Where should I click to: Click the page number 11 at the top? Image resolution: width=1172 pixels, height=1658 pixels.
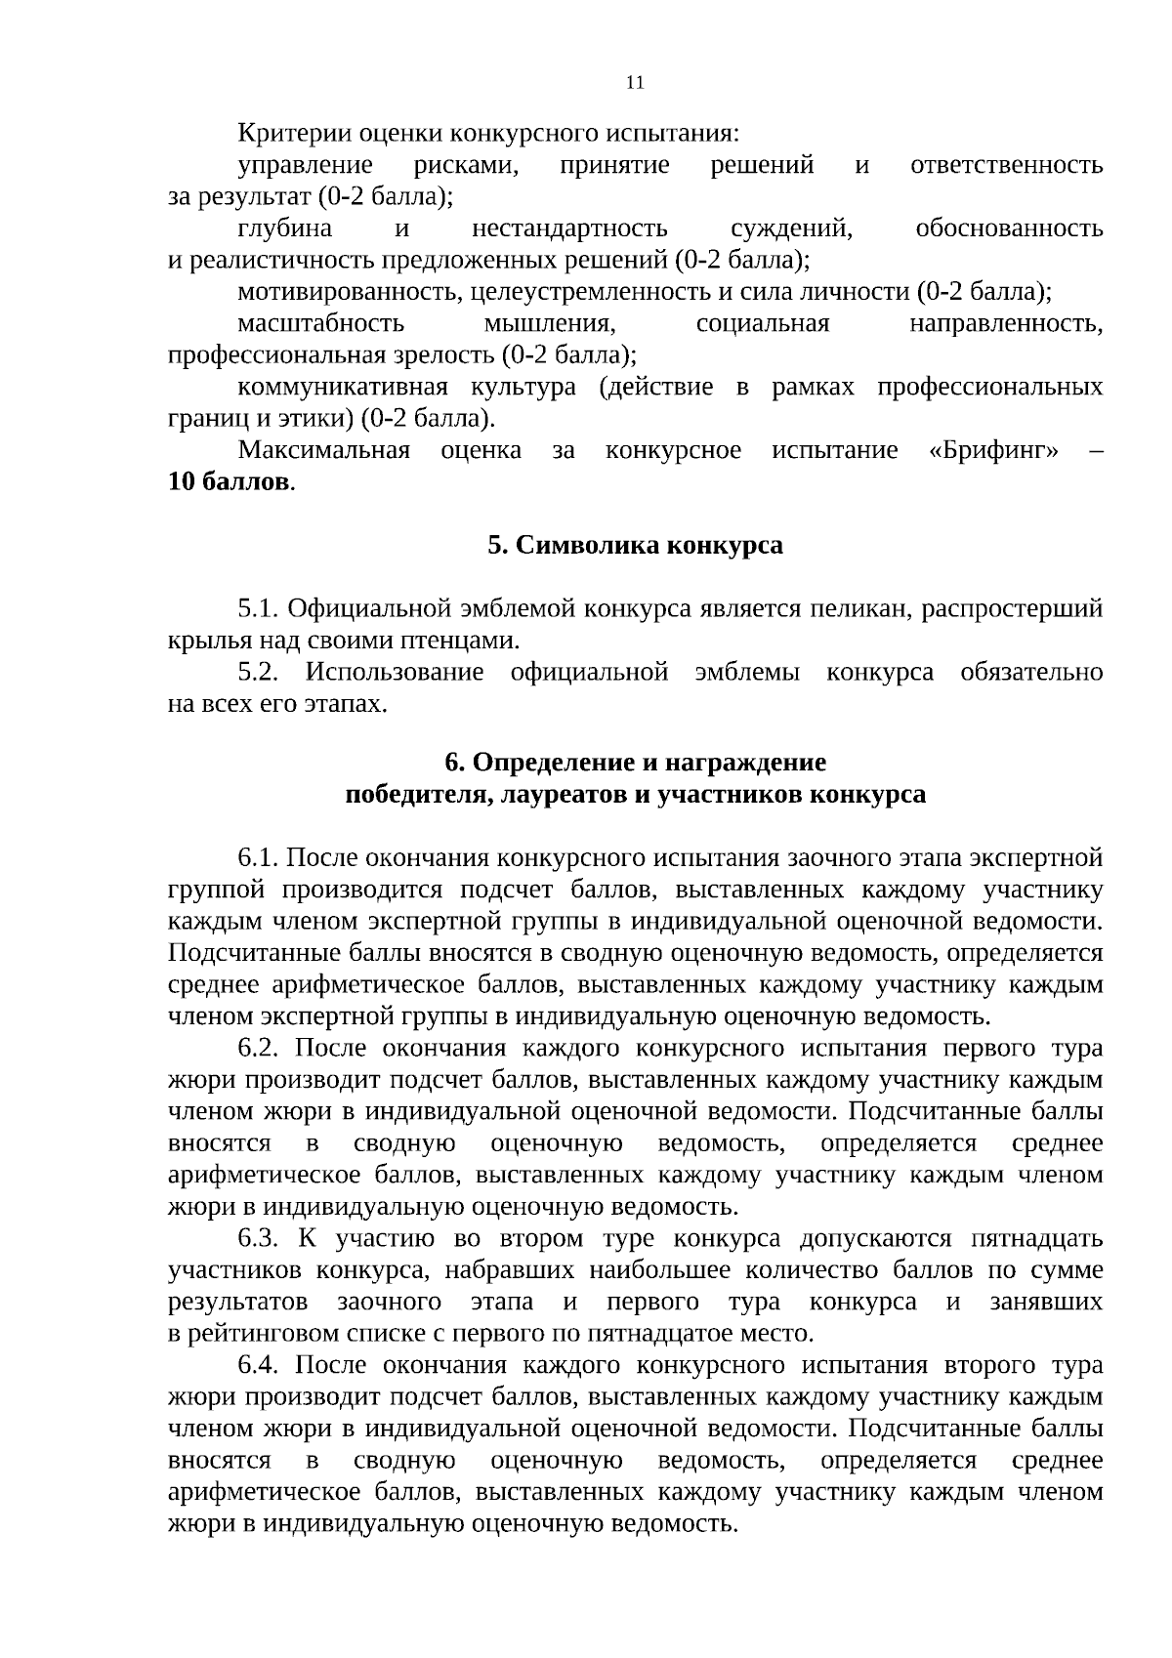[635, 83]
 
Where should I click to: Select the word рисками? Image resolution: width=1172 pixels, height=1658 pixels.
[466, 165]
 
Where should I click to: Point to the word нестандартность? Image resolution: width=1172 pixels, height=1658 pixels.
[569, 228]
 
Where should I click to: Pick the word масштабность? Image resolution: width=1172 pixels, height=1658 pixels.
[320, 323]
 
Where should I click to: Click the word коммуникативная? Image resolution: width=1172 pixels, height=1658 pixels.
[342, 387]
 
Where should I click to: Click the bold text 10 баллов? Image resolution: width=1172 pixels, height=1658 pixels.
[230, 482]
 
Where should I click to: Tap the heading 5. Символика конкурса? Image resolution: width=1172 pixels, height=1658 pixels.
[635, 545]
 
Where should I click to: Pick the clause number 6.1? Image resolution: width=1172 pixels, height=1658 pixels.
[259, 858]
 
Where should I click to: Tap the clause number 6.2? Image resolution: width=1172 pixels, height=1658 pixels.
[259, 1049]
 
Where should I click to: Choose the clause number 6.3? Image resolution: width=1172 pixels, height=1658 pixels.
[259, 1239]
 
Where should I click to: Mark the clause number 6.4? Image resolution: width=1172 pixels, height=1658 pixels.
[259, 1365]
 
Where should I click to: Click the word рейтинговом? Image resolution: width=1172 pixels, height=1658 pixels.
[265, 1334]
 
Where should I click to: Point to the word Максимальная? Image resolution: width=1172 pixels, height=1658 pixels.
[323, 450]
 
